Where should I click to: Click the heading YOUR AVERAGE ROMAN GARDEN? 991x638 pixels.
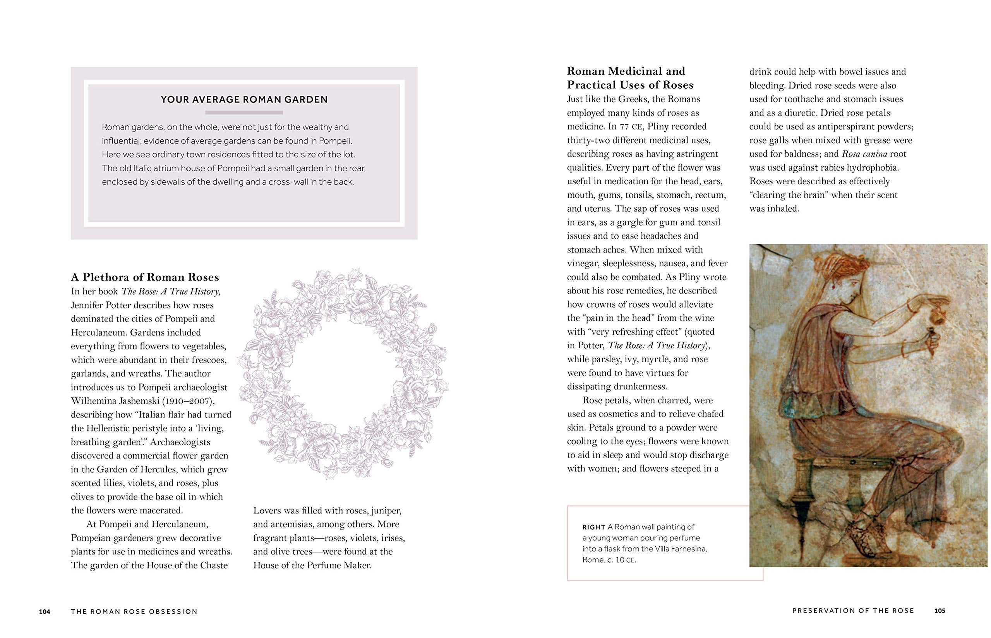[244, 99]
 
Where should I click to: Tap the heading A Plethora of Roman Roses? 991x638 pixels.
[145, 277]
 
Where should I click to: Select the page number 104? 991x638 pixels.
[45, 611]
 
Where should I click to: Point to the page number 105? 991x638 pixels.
[940, 611]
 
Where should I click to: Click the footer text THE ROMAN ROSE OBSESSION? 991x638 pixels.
[134, 611]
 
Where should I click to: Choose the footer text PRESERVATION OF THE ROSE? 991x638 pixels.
[853, 611]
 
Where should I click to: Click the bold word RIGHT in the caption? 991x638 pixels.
[593, 527]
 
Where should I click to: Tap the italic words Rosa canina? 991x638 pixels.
[864, 154]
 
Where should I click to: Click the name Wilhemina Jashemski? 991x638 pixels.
[113, 401]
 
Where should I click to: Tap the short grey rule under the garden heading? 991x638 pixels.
[244, 112]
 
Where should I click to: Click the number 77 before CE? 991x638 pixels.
[624, 127]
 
